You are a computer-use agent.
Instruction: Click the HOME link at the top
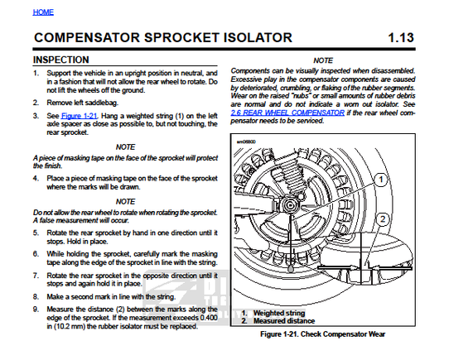point(43,12)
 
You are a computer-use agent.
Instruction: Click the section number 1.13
point(401,38)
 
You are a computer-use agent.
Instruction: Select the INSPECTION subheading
point(61,60)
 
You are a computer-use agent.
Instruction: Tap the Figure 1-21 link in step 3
point(80,116)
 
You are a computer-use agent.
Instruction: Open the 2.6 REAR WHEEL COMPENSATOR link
point(287,113)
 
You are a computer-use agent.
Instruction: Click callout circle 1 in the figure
point(381,180)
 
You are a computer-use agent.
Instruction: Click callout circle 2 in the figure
point(382,219)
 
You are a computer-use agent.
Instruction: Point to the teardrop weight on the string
point(291,268)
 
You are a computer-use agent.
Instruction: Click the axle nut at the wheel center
point(290,205)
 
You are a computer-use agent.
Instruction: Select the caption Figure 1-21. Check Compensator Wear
point(323,334)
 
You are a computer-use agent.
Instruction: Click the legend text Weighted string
point(279,313)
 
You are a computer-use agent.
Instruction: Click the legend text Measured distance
point(284,321)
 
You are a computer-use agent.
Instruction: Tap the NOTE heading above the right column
point(323,60)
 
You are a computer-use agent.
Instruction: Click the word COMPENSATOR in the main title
point(87,38)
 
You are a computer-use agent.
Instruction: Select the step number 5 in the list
point(36,233)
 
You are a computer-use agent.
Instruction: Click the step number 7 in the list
point(36,276)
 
